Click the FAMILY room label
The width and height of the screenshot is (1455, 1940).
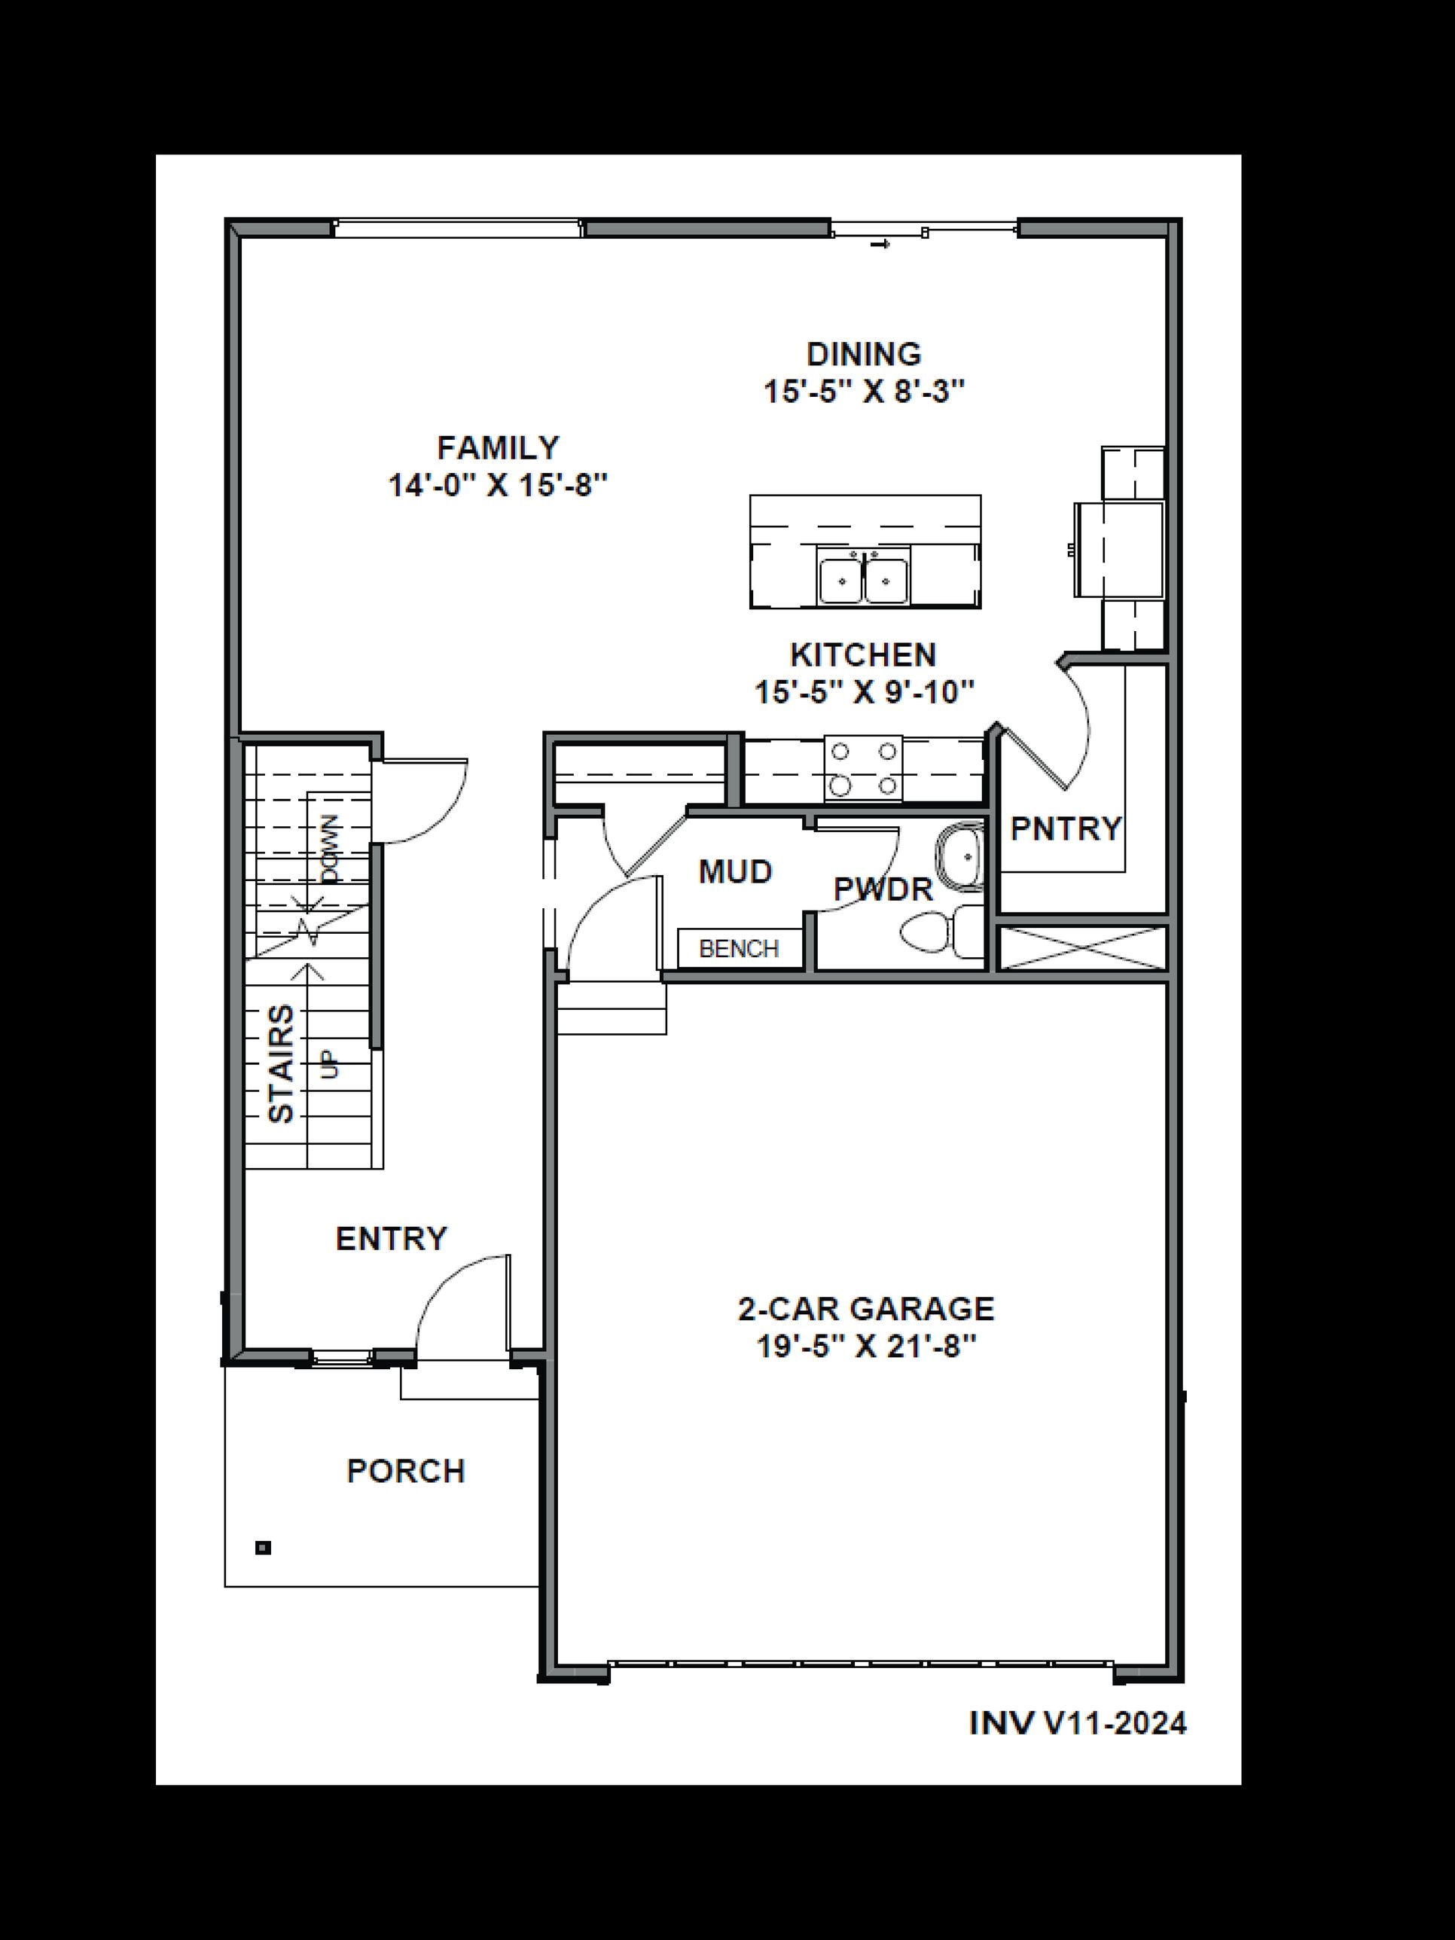498,448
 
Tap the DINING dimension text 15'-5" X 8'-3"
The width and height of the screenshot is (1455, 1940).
864,391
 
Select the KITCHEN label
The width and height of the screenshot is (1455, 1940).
863,655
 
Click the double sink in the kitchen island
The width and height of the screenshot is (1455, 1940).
864,579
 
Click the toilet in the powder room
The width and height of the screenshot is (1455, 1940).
938,932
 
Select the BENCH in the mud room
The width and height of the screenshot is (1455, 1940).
740,949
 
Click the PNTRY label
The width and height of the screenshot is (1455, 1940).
1065,828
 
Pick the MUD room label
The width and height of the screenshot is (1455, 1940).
735,872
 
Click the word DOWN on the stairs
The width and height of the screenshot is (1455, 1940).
331,849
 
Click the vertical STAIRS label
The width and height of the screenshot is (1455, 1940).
281,1064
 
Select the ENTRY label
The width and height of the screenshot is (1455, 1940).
391,1238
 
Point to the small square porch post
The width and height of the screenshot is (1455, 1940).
263,1548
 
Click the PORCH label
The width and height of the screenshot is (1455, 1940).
405,1471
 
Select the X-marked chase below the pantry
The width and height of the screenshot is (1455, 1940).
1083,948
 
